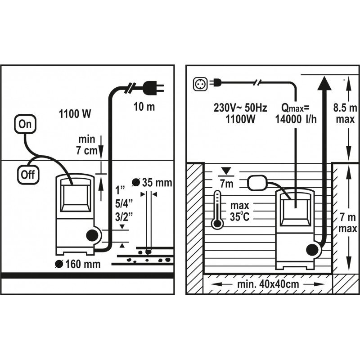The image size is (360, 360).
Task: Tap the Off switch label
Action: (x=28, y=174)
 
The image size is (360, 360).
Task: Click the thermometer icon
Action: (x=217, y=210)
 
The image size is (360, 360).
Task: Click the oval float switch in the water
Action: (x=257, y=181)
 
